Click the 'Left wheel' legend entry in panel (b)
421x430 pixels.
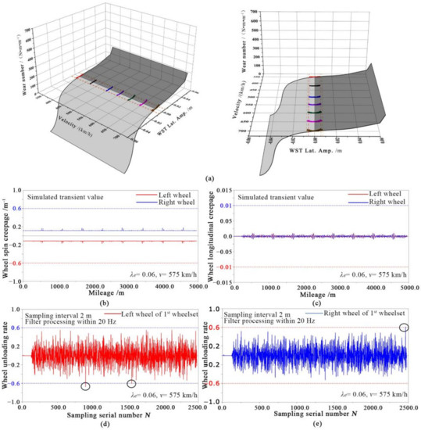tap(174, 192)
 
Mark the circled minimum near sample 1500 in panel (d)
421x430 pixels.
tap(131, 383)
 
